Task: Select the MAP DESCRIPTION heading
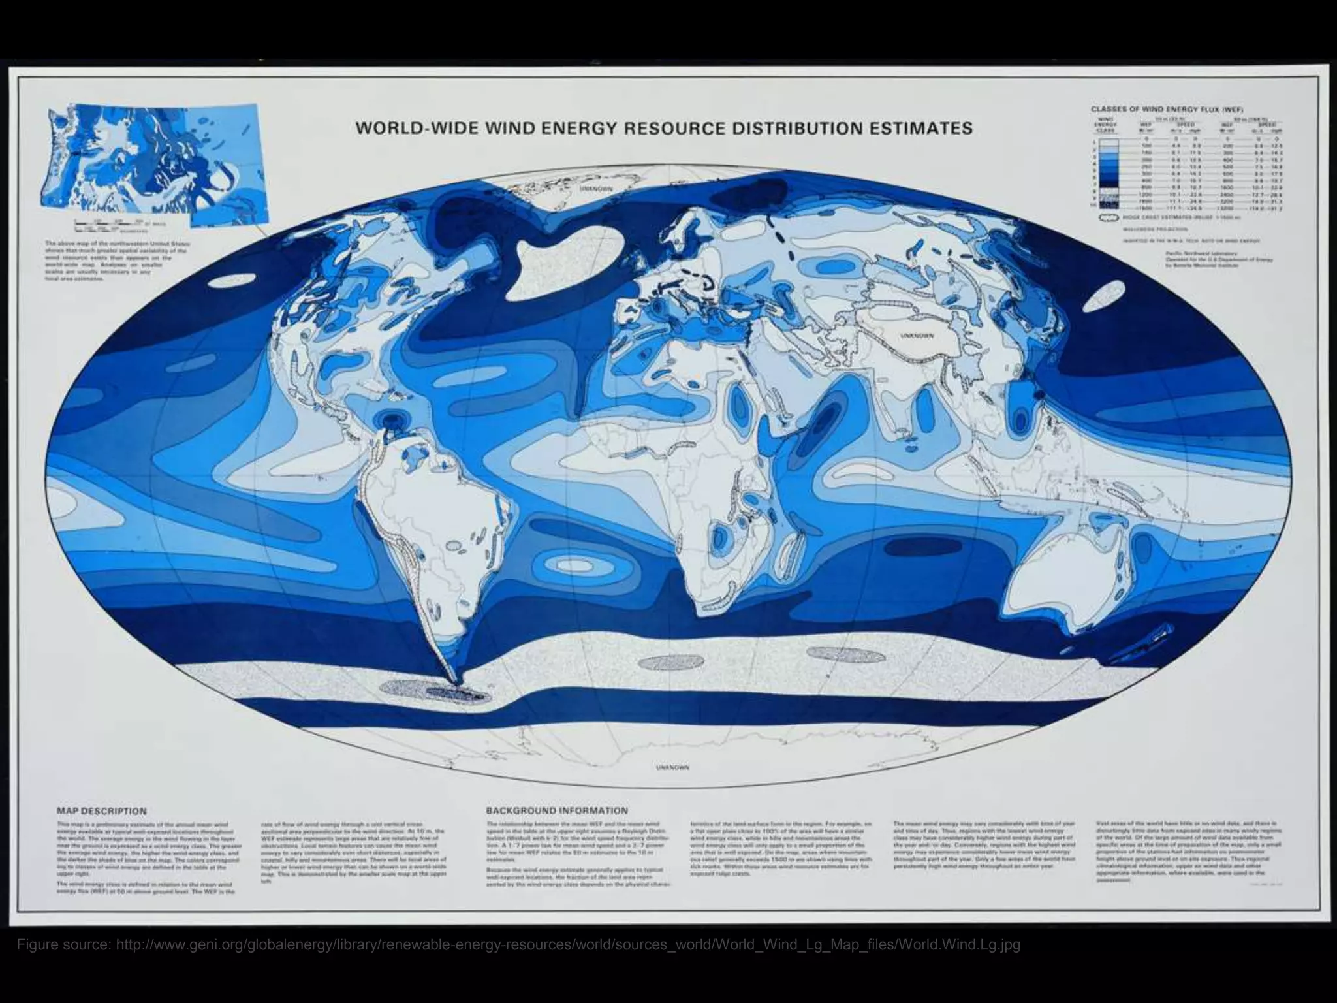(102, 811)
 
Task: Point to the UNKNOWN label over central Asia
(917, 336)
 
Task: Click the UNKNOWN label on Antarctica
(672, 768)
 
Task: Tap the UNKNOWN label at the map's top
(596, 188)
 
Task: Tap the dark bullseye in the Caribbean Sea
(393, 419)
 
